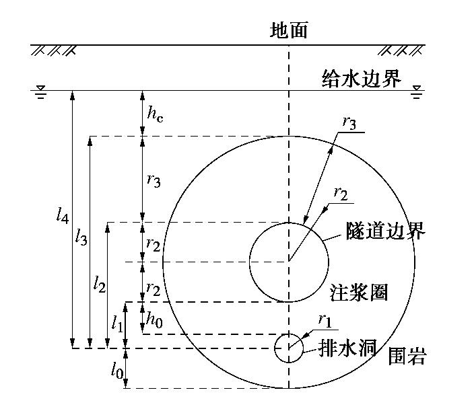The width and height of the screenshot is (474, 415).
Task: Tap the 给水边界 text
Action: pos(362,79)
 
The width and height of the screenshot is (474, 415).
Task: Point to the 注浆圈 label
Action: pos(359,293)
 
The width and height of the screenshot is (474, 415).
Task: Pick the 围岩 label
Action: pos(407,356)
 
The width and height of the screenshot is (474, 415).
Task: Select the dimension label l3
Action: pos(81,236)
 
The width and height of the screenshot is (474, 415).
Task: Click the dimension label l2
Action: pos(100,283)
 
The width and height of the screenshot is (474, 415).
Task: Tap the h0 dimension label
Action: pos(155,321)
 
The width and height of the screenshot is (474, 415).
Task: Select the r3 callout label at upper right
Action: pos(350,122)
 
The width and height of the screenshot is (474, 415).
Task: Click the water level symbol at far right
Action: pos(417,91)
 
